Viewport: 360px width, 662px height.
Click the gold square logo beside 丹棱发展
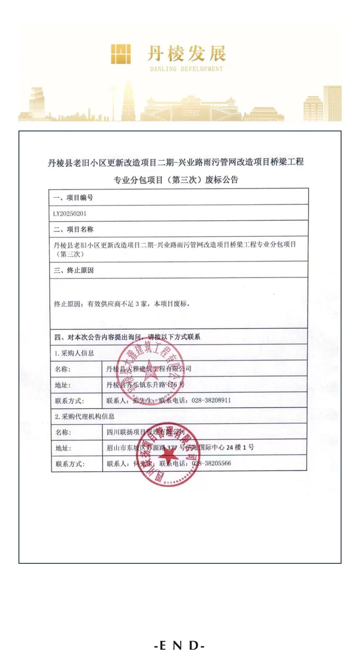121,54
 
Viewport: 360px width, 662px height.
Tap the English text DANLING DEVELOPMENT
186,69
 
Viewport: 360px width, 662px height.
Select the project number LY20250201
70,214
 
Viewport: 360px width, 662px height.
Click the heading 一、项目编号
73,198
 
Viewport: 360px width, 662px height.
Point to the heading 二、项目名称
74,229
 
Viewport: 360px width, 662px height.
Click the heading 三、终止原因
74,270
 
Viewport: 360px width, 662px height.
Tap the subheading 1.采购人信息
74,353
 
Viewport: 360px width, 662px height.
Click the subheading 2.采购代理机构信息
85,416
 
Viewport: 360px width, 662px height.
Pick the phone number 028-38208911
211,400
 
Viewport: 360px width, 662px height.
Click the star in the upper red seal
150,370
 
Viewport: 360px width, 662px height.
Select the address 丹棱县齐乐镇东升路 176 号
145,385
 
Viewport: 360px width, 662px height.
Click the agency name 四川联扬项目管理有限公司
145,432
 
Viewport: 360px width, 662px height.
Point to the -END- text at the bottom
180,646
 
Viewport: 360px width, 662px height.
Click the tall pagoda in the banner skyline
128,100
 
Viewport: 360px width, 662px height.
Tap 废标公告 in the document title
222,180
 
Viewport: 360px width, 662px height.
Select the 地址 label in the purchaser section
63,385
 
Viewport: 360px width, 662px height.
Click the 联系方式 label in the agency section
70,464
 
